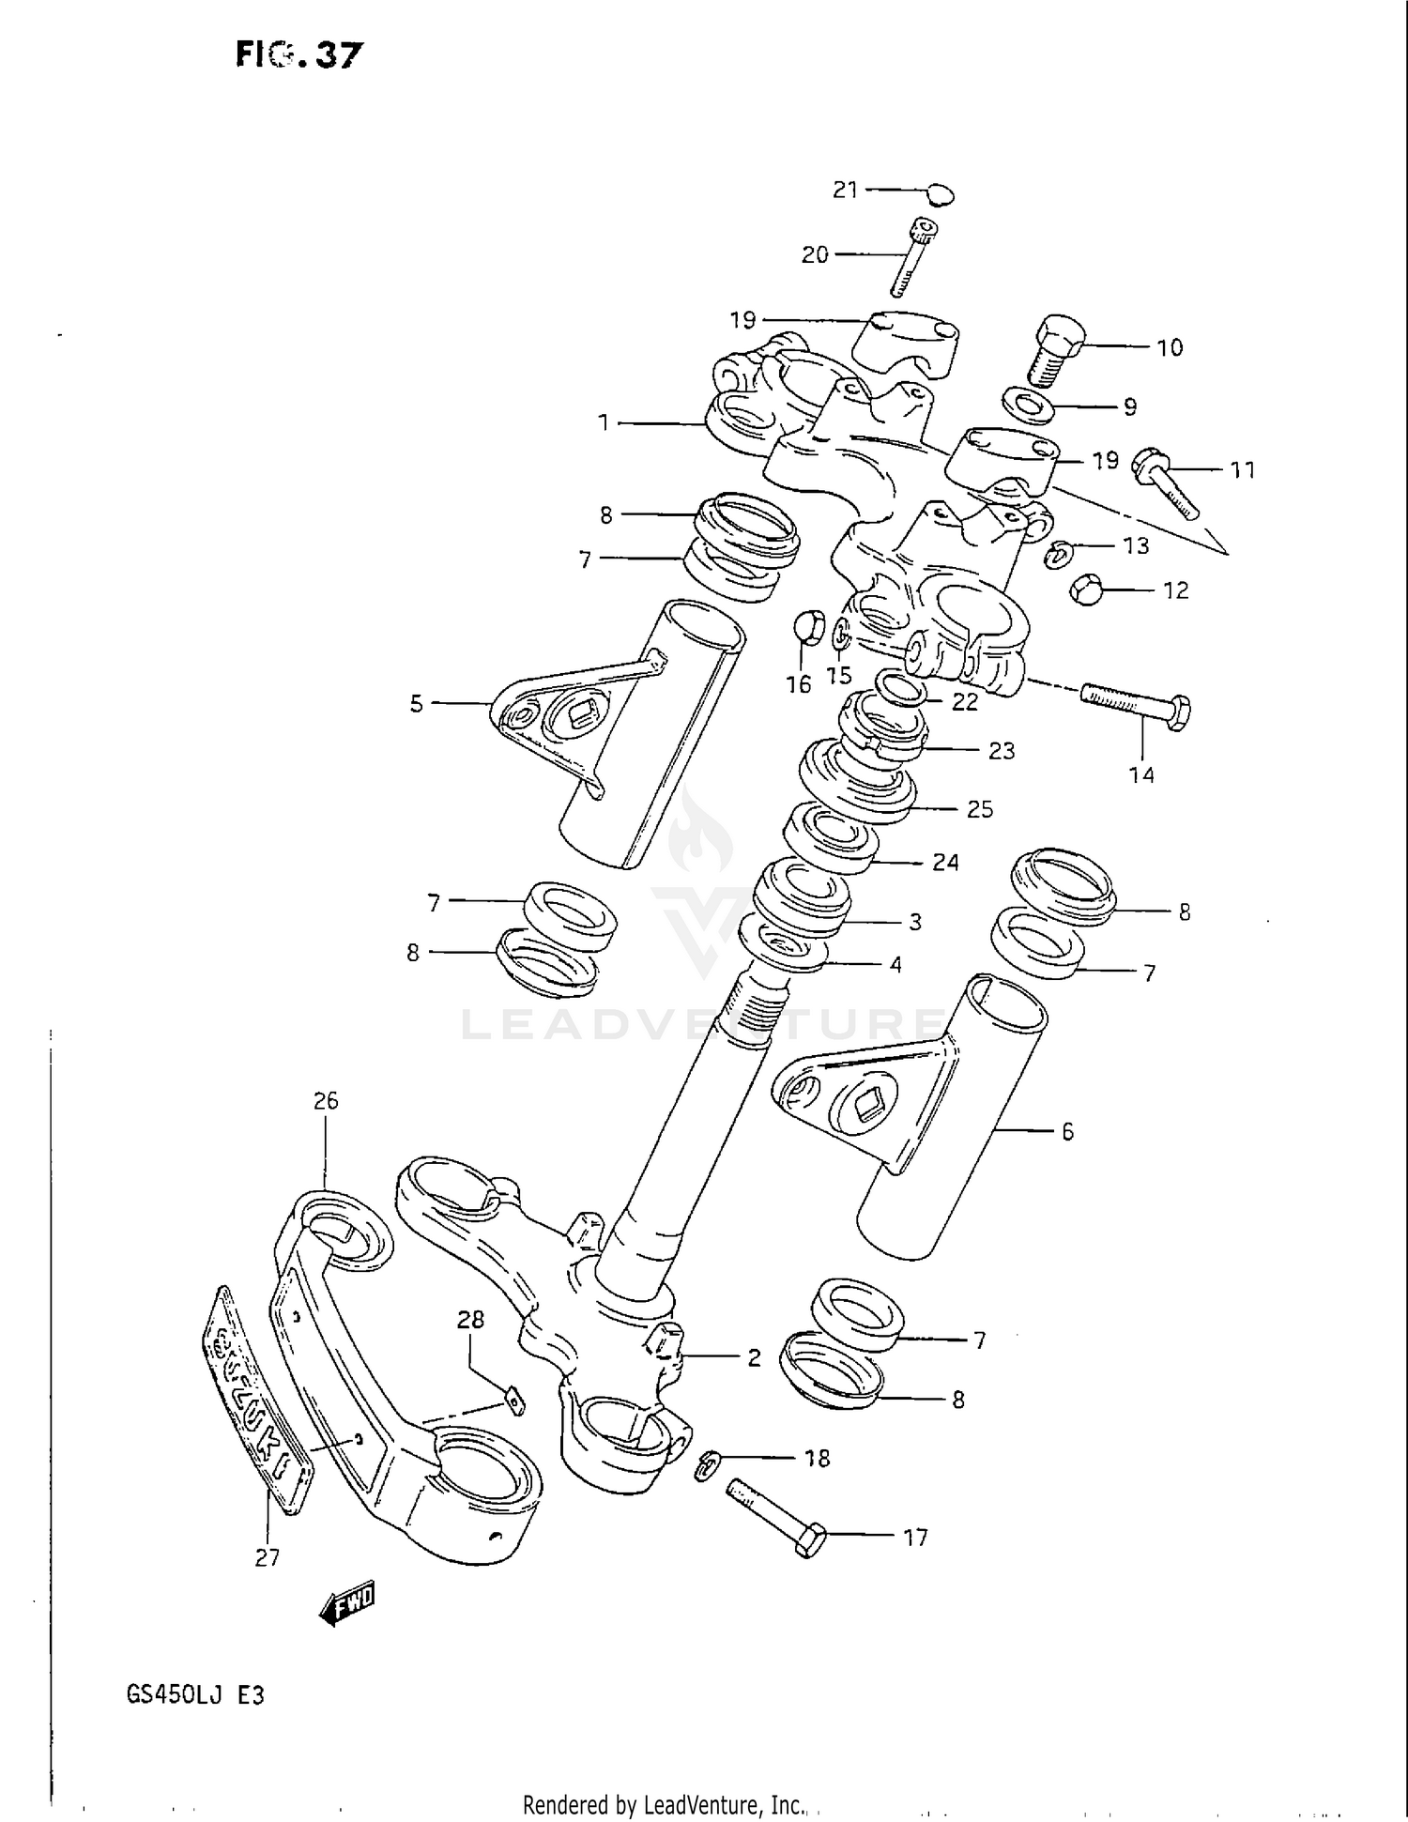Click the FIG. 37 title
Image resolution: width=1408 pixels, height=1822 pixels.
point(298,55)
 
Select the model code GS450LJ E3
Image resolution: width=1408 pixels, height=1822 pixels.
point(194,1697)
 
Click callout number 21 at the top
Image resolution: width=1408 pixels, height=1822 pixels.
point(845,190)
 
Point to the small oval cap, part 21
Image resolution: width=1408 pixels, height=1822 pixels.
point(940,195)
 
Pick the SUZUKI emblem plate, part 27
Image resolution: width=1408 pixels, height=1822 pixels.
point(256,1400)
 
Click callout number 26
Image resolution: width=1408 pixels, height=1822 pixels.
point(325,1100)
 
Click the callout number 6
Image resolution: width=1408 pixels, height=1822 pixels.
point(1067,1132)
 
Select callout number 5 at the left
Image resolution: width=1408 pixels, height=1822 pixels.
point(417,704)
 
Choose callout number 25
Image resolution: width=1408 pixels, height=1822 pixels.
point(979,809)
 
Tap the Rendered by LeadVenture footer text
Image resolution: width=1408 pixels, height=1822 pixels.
point(665,1804)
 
